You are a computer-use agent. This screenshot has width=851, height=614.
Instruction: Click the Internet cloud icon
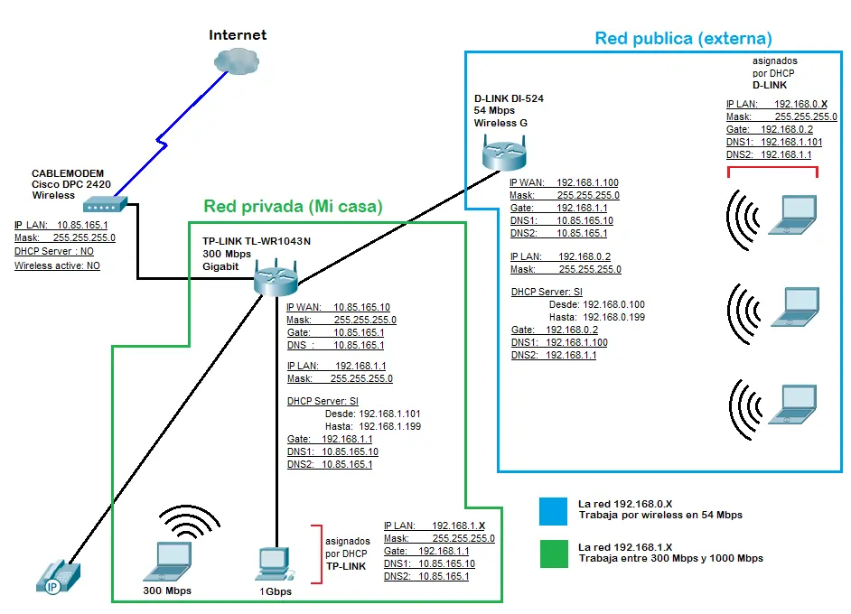coord(237,60)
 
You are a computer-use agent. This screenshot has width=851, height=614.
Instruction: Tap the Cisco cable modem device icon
coord(106,204)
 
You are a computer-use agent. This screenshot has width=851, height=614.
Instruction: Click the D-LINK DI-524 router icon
coord(504,153)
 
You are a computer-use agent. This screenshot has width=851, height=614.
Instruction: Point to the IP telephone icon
coord(58,577)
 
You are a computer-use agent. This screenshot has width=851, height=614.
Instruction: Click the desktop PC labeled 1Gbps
coord(276,564)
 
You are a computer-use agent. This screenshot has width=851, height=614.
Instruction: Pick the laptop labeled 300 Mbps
coord(168,562)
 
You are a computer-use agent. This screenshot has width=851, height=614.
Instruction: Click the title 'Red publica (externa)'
coord(683,39)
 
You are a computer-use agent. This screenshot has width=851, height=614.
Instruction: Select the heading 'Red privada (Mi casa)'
coord(293,206)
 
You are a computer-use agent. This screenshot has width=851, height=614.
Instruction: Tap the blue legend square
coord(553,511)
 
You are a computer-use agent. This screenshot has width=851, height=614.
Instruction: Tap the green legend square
coord(554,554)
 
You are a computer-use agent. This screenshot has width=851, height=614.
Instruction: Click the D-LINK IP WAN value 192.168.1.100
coord(587,182)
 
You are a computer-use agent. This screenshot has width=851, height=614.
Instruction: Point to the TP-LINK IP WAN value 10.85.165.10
coord(361,307)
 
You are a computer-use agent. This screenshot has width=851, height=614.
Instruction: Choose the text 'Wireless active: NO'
coord(57,265)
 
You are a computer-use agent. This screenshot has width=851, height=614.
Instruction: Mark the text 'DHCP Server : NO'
coord(53,251)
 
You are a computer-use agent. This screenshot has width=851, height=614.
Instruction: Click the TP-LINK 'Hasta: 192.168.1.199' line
coord(373,426)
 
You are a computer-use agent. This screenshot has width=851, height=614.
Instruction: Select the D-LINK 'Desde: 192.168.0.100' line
coord(597,304)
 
